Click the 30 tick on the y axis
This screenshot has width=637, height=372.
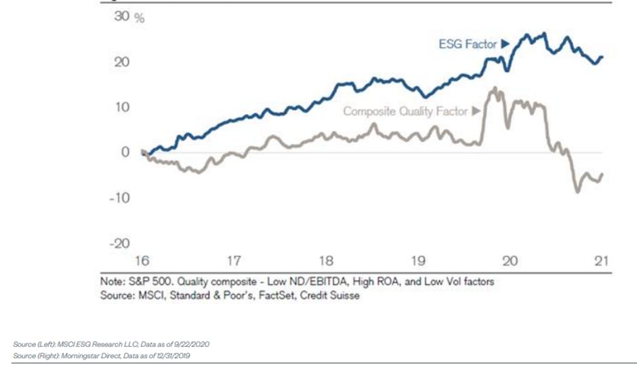(x=121, y=17)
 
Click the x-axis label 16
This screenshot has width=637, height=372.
(x=142, y=261)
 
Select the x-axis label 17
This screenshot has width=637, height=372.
(x=234, y=261)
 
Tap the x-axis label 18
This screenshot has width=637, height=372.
(x=326, y=261)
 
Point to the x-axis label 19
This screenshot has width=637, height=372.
(x=418, y=261)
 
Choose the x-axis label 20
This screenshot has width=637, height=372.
(x=510, y=261)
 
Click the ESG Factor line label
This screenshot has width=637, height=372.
(x=468, y=45)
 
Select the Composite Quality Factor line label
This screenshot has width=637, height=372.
(x=405, y=111)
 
